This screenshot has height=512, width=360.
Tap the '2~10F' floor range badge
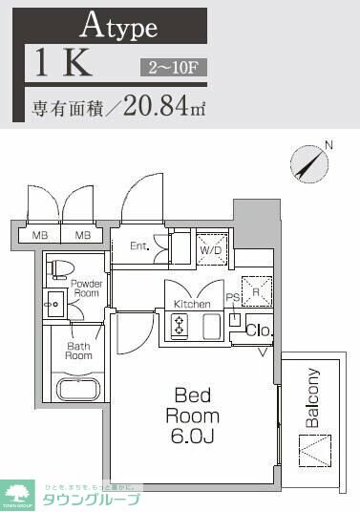(171, 67)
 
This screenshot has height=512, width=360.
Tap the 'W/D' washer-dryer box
(212, 249)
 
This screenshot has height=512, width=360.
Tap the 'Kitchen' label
(191, 304)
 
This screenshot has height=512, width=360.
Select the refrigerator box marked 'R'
(255, 288)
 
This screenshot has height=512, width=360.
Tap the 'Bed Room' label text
(193, 404)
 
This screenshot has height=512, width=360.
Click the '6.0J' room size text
(193, 437)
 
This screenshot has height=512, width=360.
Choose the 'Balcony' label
(312, 395)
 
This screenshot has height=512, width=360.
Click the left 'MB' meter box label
(41, 234)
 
